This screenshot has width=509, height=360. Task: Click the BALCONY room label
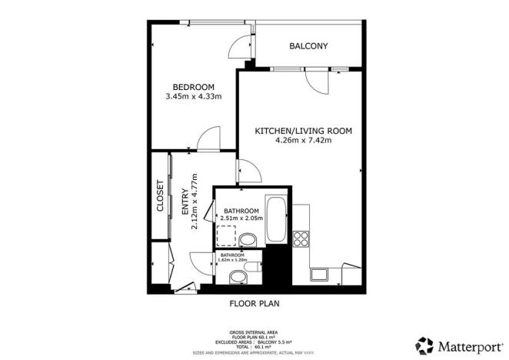308,46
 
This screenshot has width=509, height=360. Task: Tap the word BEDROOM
193,86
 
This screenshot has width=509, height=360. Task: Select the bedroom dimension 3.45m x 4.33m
193,97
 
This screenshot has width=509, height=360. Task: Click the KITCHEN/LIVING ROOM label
303,132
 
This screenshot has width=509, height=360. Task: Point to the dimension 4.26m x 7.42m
303,142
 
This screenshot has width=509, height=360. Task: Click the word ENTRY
184,202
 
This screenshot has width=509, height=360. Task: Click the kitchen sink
318,275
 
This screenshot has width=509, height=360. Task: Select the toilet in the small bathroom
238,276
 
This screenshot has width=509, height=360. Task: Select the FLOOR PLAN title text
254,304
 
